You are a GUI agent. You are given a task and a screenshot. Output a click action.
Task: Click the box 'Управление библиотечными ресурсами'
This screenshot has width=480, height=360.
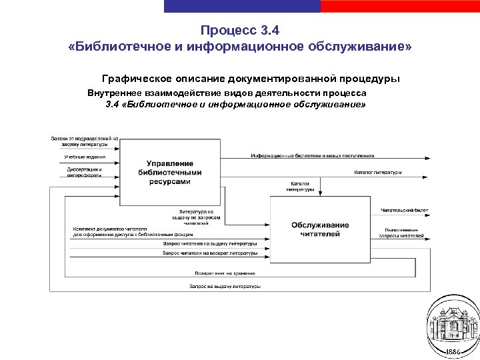click(x=169, y=171)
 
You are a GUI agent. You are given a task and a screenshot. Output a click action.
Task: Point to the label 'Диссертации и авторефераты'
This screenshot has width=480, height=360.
click(x=84, y=172)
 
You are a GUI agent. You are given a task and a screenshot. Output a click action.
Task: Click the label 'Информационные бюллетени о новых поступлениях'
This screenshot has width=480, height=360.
click(x=313, y=155)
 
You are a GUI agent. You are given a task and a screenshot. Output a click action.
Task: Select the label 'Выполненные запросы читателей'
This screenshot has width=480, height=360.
click(x=402, y=232)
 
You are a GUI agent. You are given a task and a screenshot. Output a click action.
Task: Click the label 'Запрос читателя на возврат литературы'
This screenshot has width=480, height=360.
click(x=210, y=253)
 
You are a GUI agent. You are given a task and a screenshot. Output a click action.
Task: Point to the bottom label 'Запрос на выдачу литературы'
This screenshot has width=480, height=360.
click(x=225, y=286)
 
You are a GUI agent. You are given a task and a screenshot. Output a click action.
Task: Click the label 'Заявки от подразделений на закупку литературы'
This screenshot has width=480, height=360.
click(x=84, y=141)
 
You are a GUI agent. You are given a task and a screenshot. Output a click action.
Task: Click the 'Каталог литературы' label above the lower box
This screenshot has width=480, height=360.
click(x=301, y=186)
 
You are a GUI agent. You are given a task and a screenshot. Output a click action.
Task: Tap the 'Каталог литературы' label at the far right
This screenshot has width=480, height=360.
click(x=377, y=172)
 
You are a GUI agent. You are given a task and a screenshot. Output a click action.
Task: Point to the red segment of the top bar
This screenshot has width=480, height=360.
click(x=400, y=5)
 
